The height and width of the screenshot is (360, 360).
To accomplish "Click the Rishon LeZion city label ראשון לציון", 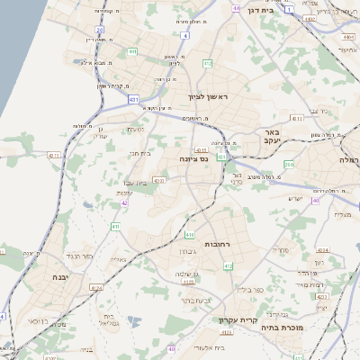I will click(210, 95).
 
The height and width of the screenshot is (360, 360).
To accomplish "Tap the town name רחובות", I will click(220, 244).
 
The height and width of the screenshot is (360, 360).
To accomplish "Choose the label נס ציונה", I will click(194, 159).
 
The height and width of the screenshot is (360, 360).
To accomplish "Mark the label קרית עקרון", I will click(238, 319).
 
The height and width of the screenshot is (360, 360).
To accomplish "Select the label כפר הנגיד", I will click(81, 256).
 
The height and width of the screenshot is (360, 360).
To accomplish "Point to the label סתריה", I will click(281, 249).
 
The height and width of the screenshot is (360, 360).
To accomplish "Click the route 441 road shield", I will click(132, 53).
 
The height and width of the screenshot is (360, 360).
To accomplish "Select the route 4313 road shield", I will click(160, 182).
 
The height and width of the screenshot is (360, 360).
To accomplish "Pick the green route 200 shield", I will click(288, 165).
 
